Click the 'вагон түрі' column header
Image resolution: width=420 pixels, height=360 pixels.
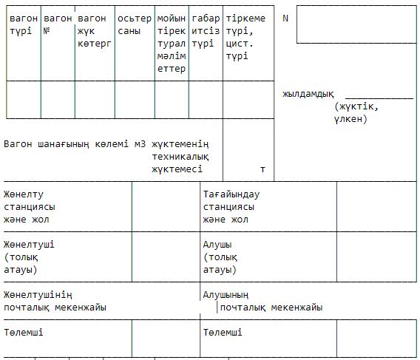pyautogui.click(x=24, y=24)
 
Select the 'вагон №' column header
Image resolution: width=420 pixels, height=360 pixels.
pyautogui.click(x=58, y=24)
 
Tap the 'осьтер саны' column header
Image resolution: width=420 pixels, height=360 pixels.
pyautogui.click(x=135, y=24)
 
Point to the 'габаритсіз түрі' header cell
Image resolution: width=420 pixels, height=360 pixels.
pyautogui.click(x=206, y=31)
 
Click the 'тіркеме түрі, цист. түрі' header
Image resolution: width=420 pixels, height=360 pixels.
pyautogui.click(x=245, y=37)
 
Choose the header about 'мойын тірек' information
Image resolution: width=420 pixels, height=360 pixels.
pyautogui.click(x=172, y=44)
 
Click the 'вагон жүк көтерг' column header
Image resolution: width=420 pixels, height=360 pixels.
pyautogui.click(x=95, y=31)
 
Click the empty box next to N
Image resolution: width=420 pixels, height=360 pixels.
pyautogui.click(x=356, y=24)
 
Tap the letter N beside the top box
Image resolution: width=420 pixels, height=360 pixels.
pyautogui.click(x=285, y=18)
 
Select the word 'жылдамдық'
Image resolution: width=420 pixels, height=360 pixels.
pyautogui.click(x=308, y=94)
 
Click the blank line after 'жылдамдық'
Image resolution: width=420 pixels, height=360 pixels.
pyautogui.click(x=379, y=98)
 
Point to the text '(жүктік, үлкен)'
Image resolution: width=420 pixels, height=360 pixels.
pyautogui.click(x=356, y=113)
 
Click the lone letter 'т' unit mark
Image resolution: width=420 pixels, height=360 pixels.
pyautogui.click(x=262, y=169)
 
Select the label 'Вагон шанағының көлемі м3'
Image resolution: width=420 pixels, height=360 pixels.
pyautogui.click(x=75, y=144)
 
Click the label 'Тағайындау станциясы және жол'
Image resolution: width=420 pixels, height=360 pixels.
pyautogui.click(x=231, y=207)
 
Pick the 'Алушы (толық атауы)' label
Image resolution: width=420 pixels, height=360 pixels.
pyautogui.click(x=220, y=257)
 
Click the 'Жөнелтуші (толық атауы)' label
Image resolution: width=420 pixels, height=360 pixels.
pyautogui.click(x=29, y=257)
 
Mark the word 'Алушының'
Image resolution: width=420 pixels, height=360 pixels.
pyautogui.click(x=226, y=295)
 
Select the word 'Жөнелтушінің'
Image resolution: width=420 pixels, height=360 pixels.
pyautogui.click(x=38, y=295)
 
